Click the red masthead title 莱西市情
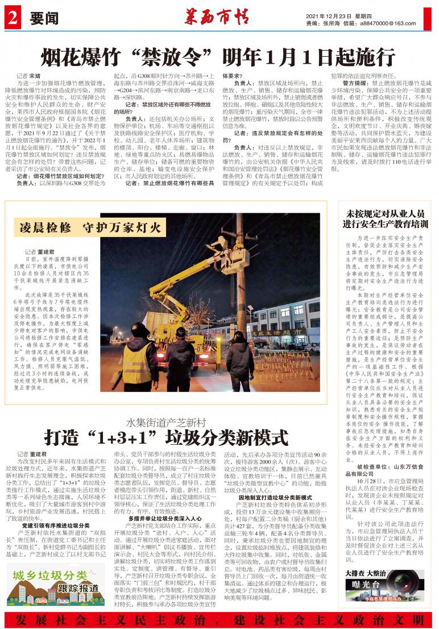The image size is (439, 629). [219, 17]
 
